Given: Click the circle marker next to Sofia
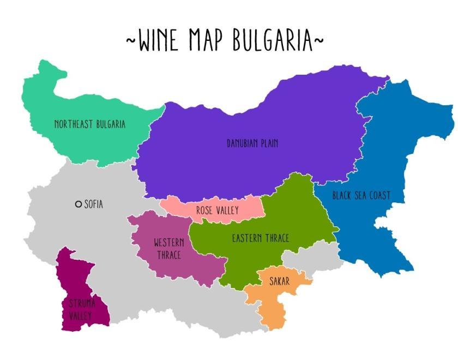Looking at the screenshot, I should [x=79, y=204].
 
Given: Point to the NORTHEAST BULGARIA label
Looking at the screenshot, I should [x=89, y=124].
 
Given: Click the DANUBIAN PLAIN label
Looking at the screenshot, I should [x=252, y=143].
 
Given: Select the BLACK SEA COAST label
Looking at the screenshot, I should [x=361, y=195].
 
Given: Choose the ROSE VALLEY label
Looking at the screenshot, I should [x=218, y=210].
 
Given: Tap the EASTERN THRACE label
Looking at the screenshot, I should [x=260, y=238].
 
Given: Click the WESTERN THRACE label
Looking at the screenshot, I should [x=168, y=248].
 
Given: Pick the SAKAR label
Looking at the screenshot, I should [x=280, y=281].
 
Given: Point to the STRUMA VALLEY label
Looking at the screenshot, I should [x=80, y=309].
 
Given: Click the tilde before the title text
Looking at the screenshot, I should [x=131, y=40].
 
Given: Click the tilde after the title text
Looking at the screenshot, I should [x=320, y=40].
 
